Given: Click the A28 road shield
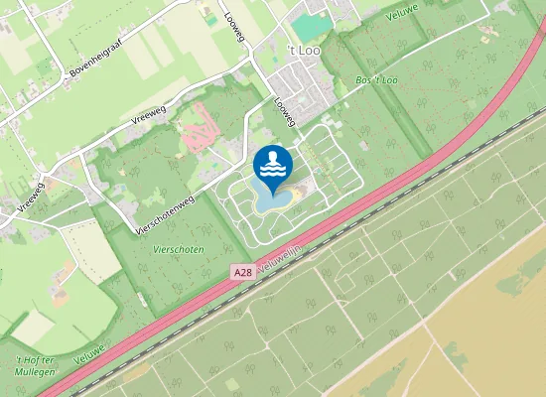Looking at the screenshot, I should pos(243,271).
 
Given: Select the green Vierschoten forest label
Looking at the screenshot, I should pos(179,250).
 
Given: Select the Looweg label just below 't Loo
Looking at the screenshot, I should pos(285,111).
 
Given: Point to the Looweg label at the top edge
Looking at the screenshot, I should pos(261,20).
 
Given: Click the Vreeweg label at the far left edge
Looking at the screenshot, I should pos(32,196).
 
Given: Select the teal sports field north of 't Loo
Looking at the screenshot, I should pos(311,27).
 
